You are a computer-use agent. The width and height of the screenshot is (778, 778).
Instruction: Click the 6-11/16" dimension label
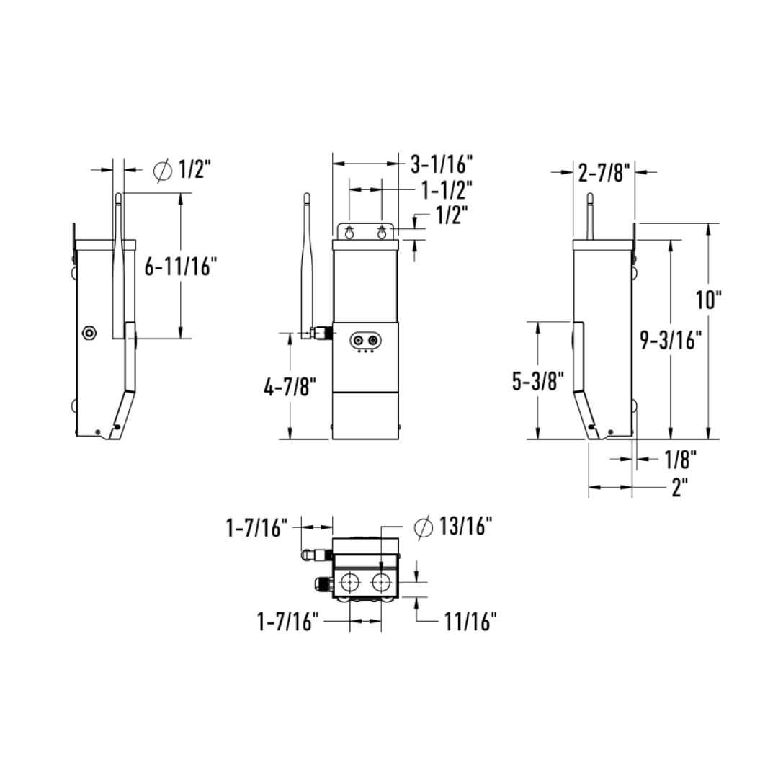180,267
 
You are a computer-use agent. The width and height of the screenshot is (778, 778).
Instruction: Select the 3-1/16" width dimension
441,164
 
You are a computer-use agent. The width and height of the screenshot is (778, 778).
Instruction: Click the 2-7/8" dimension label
604,171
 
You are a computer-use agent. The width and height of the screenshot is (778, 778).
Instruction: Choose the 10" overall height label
709,299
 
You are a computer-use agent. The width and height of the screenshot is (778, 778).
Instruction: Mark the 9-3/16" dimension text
671,340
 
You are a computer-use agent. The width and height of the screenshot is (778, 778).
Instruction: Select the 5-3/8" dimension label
538,380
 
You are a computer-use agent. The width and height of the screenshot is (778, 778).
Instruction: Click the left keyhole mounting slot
349,233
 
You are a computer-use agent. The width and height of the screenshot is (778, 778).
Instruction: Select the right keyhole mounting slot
381,233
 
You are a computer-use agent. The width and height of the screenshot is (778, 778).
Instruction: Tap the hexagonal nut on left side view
89,332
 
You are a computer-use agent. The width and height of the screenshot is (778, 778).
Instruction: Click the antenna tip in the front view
305,196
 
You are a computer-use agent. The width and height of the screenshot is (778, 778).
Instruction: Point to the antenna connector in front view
318,333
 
